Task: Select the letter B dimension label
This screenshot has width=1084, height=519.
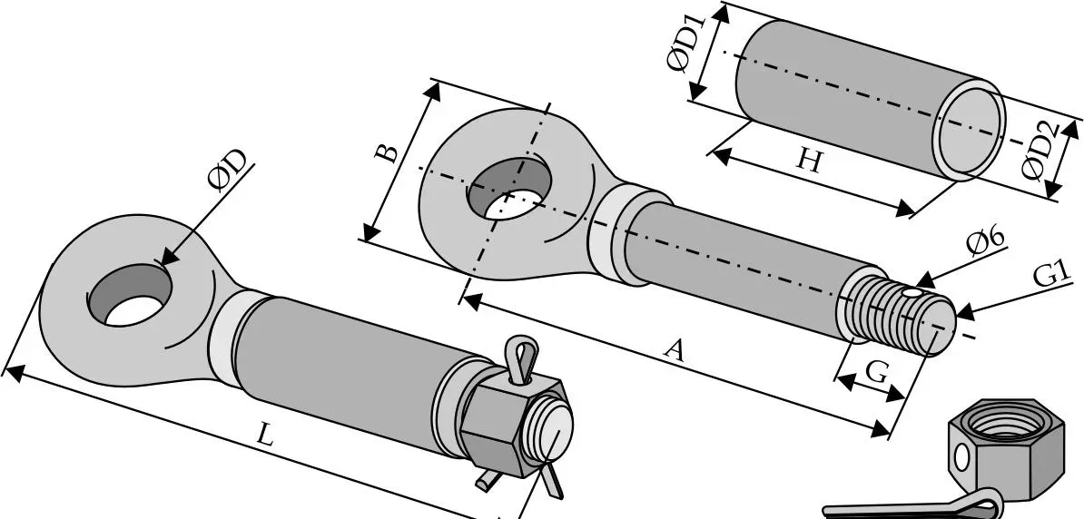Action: [387, 152]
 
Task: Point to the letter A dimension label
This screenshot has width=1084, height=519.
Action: [674, 350]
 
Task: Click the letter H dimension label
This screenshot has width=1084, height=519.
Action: [809, 161]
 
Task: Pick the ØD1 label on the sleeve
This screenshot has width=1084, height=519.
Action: [686, 44]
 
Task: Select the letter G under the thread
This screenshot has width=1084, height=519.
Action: [876, 373]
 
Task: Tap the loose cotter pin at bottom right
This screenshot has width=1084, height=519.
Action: [912, 506]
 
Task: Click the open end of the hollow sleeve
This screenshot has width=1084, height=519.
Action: [970, 130]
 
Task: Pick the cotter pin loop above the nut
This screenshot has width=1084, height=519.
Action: [522, 355]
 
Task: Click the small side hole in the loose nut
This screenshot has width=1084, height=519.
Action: [961, 456]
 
